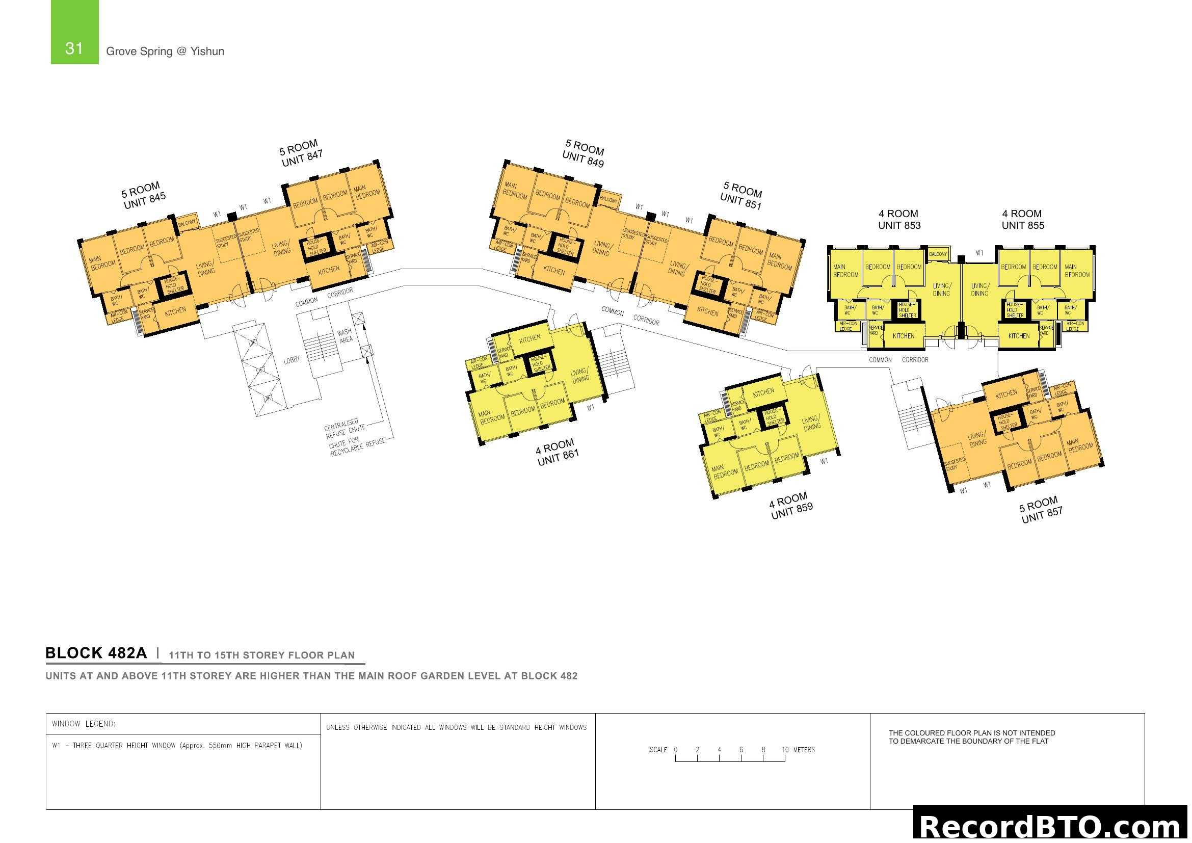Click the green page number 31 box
tap(74, 32)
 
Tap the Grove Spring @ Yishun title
tap(165, 51)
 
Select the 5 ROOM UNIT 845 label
tap(144, 196)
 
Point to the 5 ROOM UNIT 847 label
tap(301, 153)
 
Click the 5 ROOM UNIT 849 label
tap(584, 153)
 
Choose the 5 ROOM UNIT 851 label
tap(741, 195)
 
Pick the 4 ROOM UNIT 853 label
tap(898, 220)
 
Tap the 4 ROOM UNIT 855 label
tap(1022, 220)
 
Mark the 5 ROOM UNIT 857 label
tap(1041, 510)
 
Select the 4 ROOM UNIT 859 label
tap(791, 506)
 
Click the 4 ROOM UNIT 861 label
tap(557, 452)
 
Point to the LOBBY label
tap(292, 360)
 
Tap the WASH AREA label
tap(345, 336)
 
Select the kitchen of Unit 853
tap(904, 336)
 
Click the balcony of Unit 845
tap(187, 222)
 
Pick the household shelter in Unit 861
tap(540, 362)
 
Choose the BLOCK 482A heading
tap(96, 653)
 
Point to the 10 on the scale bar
tap(785, 750)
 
